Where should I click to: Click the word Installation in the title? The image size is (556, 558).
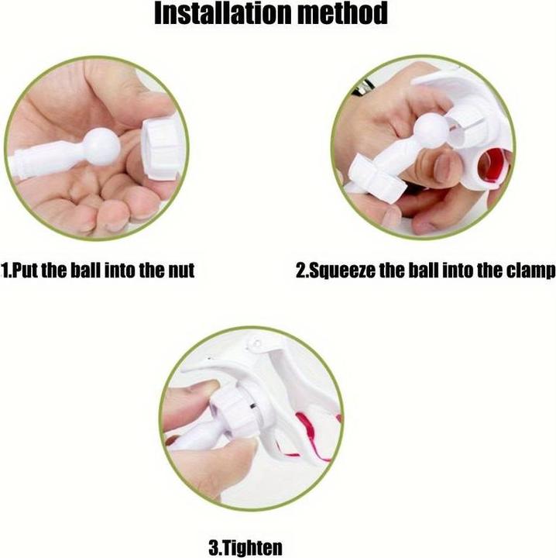click(x=222, y=13)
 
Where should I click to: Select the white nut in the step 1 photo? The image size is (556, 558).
click(x=163, y=150)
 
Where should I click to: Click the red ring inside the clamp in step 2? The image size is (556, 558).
click(x=493, y=167)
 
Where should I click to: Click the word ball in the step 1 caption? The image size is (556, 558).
click(x=86, y=270)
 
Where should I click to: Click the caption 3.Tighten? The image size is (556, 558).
click(x=245, y=548)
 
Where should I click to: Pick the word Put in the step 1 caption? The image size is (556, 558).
click(x=25, y=270)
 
